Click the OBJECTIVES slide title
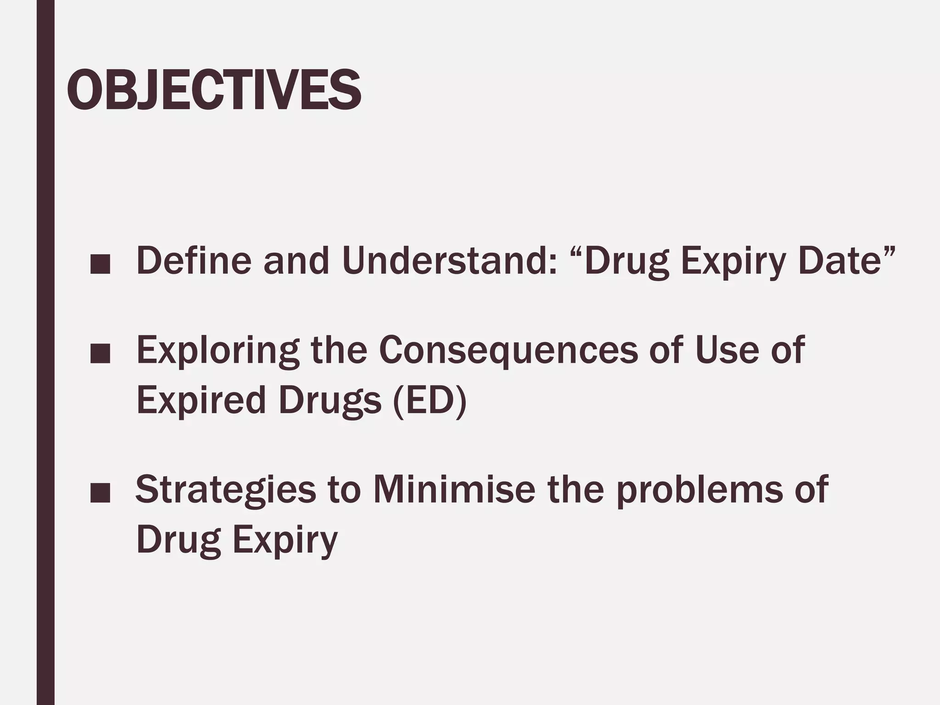(214, 90)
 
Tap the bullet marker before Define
(100, 266)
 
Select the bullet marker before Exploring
(100, 355)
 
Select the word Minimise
(454, 489)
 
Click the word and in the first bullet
(296, 261)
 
